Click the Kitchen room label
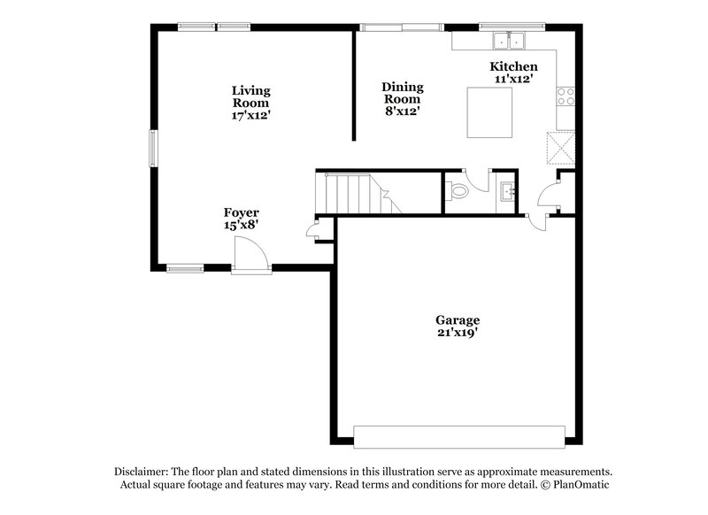click(x=514, y=66)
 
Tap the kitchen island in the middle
click(x=490, y=113)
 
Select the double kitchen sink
click(x=510, y=40)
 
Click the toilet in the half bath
click(x=458, y=189)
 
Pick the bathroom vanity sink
click(x=509, y=189)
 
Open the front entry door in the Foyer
click(x=250, y=260)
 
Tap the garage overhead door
click(x=458, y=436)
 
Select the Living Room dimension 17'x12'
click(x=251, y=114)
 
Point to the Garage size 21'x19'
click(x=458, y=333)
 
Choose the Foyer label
click(x=241, y=212)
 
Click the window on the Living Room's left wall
click(x=151, y=148)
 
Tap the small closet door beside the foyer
click(x=311, y=232)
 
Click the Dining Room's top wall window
click(x=401, y=27)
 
